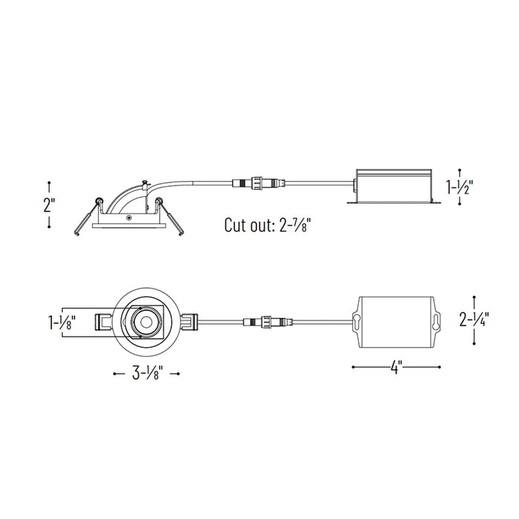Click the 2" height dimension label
[x=49, y=205]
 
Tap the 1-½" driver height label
[x=460, y=188]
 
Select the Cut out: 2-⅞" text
[x=268, y=225]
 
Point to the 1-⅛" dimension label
[x=62, y=323]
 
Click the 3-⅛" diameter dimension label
[x=147, y=374]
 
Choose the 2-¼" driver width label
[x=474, y=320]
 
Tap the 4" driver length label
[x=396, y=367]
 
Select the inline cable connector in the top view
[x=268, y=321]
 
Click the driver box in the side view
[x=394, y=186]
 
